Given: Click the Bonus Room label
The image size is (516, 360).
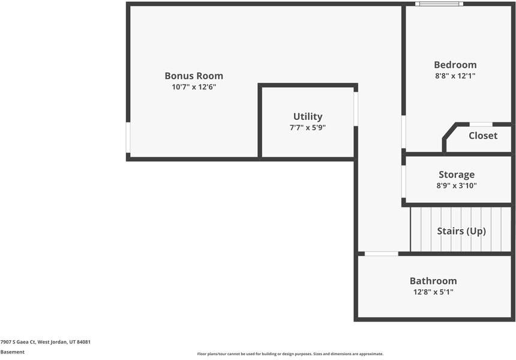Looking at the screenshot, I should click(194, 76).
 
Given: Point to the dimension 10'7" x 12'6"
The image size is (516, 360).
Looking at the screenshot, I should click(194, 87).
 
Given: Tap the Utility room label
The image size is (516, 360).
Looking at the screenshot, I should click(308, 116).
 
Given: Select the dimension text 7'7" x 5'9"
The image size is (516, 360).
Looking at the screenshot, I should click(308, 128).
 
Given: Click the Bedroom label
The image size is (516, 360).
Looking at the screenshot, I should click(455, 65).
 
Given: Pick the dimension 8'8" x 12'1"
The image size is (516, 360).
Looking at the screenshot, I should click(455, 76).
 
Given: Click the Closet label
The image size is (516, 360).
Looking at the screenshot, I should click(483, 136).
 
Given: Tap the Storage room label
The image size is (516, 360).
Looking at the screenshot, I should click(457, 175).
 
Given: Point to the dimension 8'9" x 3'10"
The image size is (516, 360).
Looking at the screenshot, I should click(457, 186).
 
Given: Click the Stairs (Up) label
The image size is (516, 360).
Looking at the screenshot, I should click(461, 231).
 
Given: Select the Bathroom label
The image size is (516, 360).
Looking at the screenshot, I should click(433, 281).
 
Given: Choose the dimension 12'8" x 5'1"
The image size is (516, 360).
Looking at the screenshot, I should click(433, 292).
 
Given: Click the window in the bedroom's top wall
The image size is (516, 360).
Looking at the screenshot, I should click(440, 4).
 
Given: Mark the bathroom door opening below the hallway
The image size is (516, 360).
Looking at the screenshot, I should click(382, 254).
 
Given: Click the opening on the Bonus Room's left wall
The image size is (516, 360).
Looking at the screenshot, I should click(128, 137).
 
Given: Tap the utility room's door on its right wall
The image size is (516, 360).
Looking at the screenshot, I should click(356, 109).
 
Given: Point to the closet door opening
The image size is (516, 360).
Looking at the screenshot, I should click(481, 124).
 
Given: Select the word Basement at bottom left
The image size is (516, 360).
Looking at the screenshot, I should click(13, 352).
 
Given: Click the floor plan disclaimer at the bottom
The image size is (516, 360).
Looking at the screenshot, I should click(290, 354).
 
